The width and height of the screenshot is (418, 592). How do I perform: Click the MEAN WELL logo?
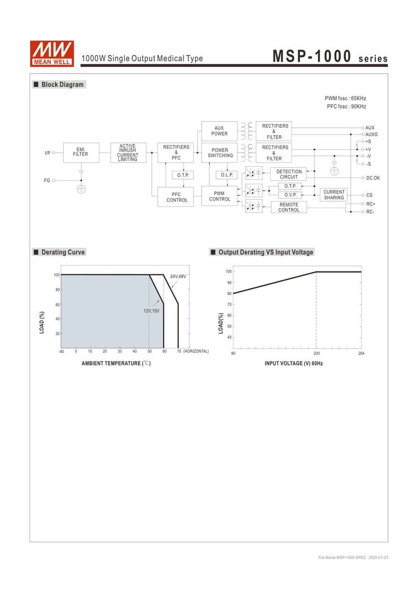coord(52,54)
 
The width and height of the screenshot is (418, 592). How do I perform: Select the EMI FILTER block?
coord(81,153)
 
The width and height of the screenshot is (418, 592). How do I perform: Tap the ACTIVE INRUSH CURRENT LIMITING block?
coord(128,153)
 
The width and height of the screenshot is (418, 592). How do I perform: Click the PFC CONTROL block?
coord(176,197)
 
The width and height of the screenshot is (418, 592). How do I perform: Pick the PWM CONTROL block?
coord(219,196)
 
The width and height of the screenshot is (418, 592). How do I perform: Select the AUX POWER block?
coord(219,131)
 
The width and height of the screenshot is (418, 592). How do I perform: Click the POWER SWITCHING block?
coord(219,153)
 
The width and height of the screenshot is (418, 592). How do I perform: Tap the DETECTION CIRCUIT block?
coord(288,174)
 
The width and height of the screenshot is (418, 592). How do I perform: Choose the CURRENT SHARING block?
coord(334,195)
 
